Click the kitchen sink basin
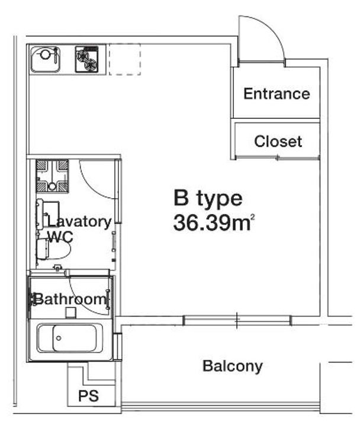(x=45, y=60)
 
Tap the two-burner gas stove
(x=86, y=60)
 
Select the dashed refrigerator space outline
(x=125, y=59)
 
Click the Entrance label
(x=277, y=93)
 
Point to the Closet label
(x=278, y=141)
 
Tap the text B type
(x=208, y=198)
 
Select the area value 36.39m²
(x=214, y=223)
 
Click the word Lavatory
(x=79, y=222)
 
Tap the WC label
(x=60, y=237)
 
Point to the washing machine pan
(x=52, y=176)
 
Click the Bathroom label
(x=70, y=299)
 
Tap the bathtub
(x=70, y=338)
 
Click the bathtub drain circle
(x=59, y=338)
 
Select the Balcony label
(x=233, y=366)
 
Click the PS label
(x=88, y=396)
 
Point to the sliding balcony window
(x=237, y=320)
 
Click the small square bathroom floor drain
(x=70, y=312)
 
